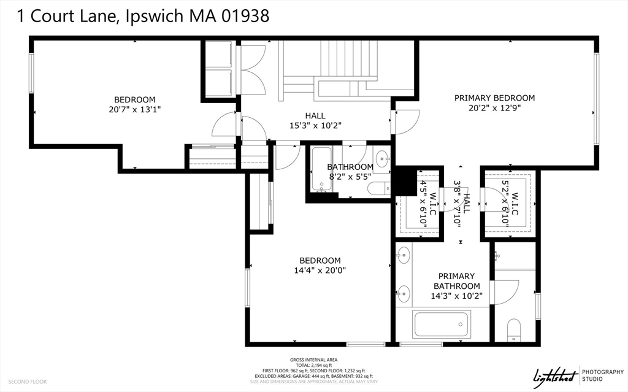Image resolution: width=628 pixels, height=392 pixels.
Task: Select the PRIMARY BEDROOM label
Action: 494,98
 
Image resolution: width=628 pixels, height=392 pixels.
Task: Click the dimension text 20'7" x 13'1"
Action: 134,110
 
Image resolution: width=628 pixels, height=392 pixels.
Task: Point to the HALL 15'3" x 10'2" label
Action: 315,120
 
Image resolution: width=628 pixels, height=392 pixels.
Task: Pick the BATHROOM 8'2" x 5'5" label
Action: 350,172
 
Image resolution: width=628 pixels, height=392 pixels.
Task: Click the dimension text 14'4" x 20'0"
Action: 320,271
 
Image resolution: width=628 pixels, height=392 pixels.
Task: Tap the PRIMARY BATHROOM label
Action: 457,281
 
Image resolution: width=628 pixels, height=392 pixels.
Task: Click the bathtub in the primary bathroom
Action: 442,324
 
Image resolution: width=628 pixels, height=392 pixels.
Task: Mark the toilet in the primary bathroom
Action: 514,329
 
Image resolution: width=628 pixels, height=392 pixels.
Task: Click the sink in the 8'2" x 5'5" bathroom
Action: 381,158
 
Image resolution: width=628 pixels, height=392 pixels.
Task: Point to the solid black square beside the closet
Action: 405,180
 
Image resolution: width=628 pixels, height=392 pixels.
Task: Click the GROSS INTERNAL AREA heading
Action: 313,360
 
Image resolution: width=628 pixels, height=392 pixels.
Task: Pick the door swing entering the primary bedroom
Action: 406,121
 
